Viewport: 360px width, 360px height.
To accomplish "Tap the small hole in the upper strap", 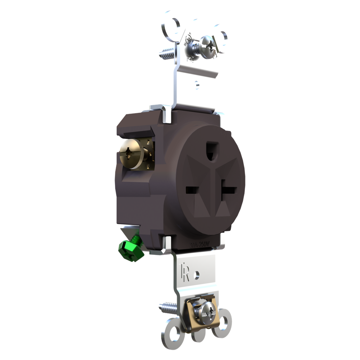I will point(197,84).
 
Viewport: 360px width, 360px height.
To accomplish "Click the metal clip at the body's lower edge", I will point(167,243).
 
